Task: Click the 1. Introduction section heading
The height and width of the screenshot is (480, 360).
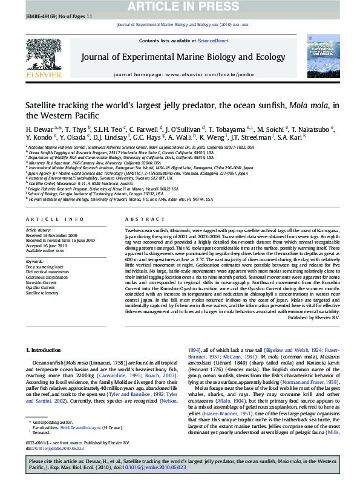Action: tap(45, 350)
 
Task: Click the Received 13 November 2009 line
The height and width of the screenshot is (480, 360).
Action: tap(51, 235)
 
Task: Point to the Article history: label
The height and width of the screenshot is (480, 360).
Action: tap(39, 230)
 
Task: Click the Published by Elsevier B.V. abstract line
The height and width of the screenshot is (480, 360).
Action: tap(315, 317)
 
